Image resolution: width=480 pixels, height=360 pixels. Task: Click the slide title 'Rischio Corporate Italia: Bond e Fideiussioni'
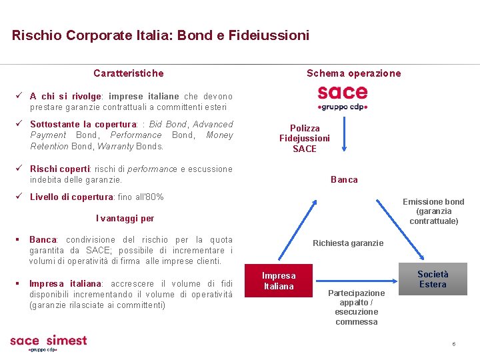[x=161, y=35]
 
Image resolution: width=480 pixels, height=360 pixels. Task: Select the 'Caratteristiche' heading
[x=128, y=73]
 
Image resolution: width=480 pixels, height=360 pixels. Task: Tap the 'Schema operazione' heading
[x=353, y=73]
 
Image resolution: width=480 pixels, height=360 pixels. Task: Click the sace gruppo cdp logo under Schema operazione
[x=343, y=97]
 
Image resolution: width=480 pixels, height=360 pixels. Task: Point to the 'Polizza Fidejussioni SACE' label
[x=305, y=138]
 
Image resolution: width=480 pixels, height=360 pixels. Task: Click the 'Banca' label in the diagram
[x=344, y=179]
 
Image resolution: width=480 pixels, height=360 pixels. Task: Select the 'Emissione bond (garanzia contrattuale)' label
[x=433, y=211]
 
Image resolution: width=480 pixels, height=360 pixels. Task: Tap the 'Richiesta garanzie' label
[x=348, y=243]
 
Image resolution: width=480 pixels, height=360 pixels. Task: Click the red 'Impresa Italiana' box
[x=279, y=281]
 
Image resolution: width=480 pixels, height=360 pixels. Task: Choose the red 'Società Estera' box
[x=433, y=279]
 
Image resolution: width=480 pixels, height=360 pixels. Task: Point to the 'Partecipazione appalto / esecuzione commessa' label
[x=356, y=307]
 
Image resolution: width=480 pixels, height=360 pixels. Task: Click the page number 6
[x=453, y=344]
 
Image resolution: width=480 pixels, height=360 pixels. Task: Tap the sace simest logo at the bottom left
[x=48, y=343]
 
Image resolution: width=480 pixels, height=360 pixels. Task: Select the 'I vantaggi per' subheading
[x=125, y=218]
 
